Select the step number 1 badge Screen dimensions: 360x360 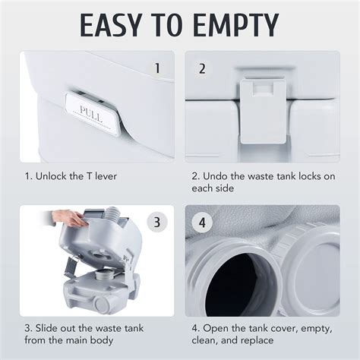(x=157, y=68)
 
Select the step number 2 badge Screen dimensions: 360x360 (x=203, y=68)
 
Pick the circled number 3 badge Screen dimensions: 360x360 (x=156, y=223)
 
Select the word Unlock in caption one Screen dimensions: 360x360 (x=51, y=176)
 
